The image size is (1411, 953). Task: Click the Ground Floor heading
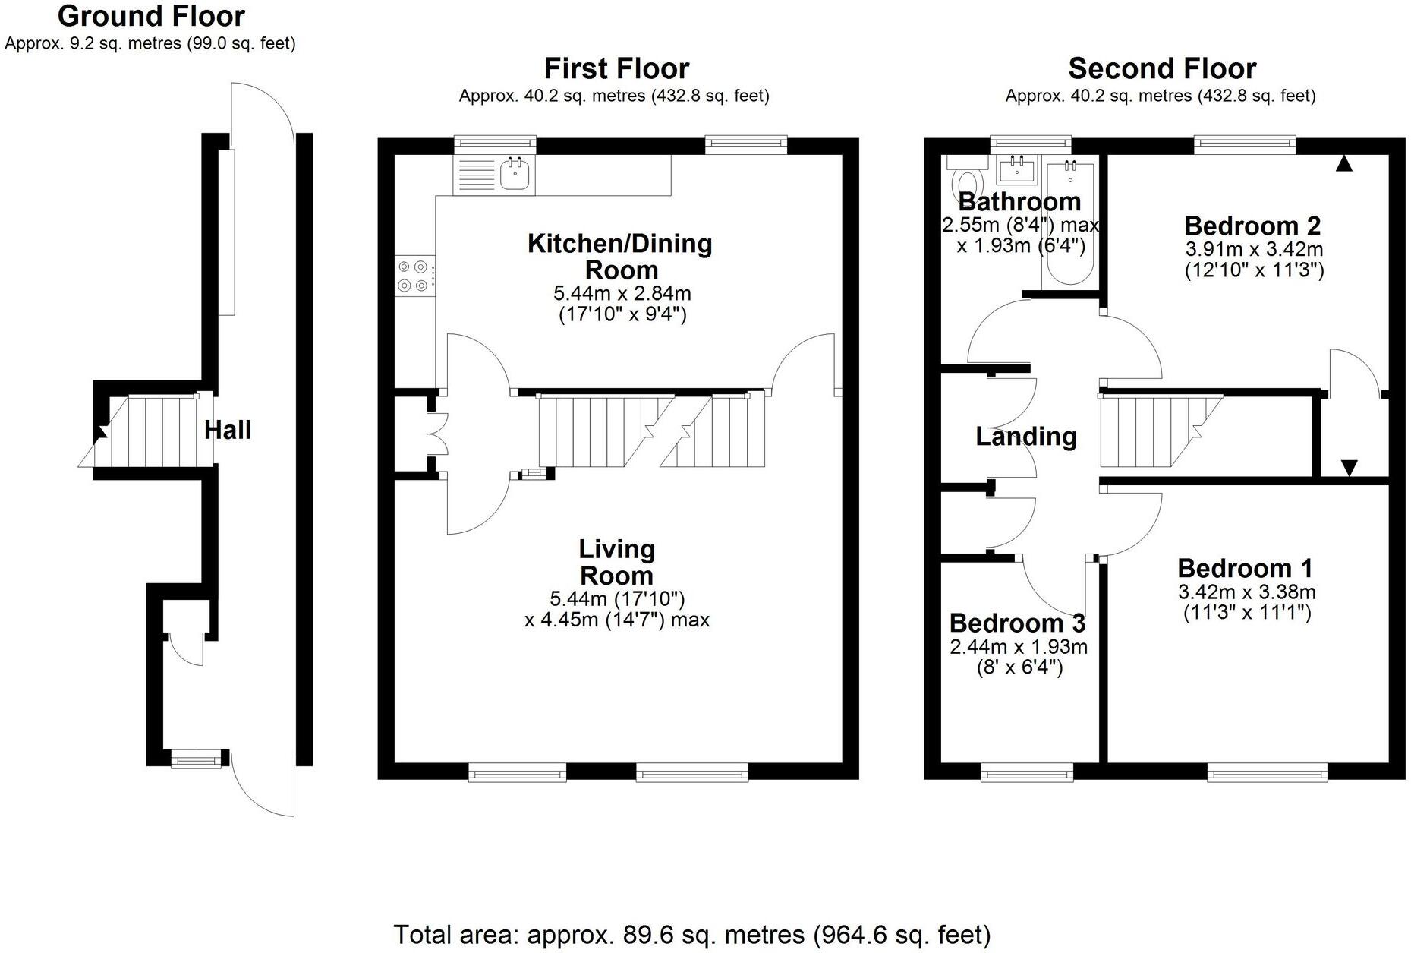151,16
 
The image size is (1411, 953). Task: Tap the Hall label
228,431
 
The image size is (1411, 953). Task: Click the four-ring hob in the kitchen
415,276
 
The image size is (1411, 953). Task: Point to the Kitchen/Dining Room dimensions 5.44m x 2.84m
622,293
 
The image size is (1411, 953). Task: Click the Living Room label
616,562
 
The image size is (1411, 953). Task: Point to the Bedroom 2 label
1252,226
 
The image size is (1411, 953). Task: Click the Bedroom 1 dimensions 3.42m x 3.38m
1247,592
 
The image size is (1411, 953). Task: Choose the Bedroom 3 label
1017,623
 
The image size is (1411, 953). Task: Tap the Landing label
1026,437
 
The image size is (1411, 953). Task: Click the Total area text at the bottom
692,934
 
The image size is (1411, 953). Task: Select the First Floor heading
616,69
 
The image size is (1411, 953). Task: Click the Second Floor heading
1162,69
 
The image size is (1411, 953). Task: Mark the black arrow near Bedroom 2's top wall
1343,163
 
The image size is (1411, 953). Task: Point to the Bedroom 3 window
1027,773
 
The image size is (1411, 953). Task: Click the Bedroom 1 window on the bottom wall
1268,773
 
